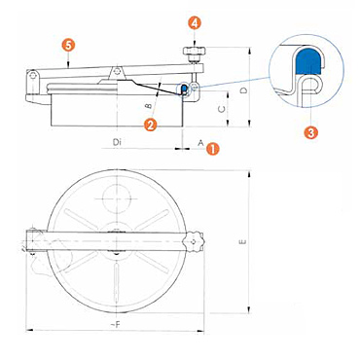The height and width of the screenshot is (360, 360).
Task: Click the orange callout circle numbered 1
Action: coord(213,149)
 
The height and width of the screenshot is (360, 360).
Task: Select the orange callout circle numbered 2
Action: coord(151,125)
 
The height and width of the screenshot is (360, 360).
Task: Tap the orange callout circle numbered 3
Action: coord(310,132)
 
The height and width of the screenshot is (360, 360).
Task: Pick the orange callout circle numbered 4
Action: coord(194,23)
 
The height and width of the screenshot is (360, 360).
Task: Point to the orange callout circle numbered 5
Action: coord(68,46)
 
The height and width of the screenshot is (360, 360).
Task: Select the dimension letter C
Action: coord(222,110)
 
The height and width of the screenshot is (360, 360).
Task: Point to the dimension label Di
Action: coord(117,142)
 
